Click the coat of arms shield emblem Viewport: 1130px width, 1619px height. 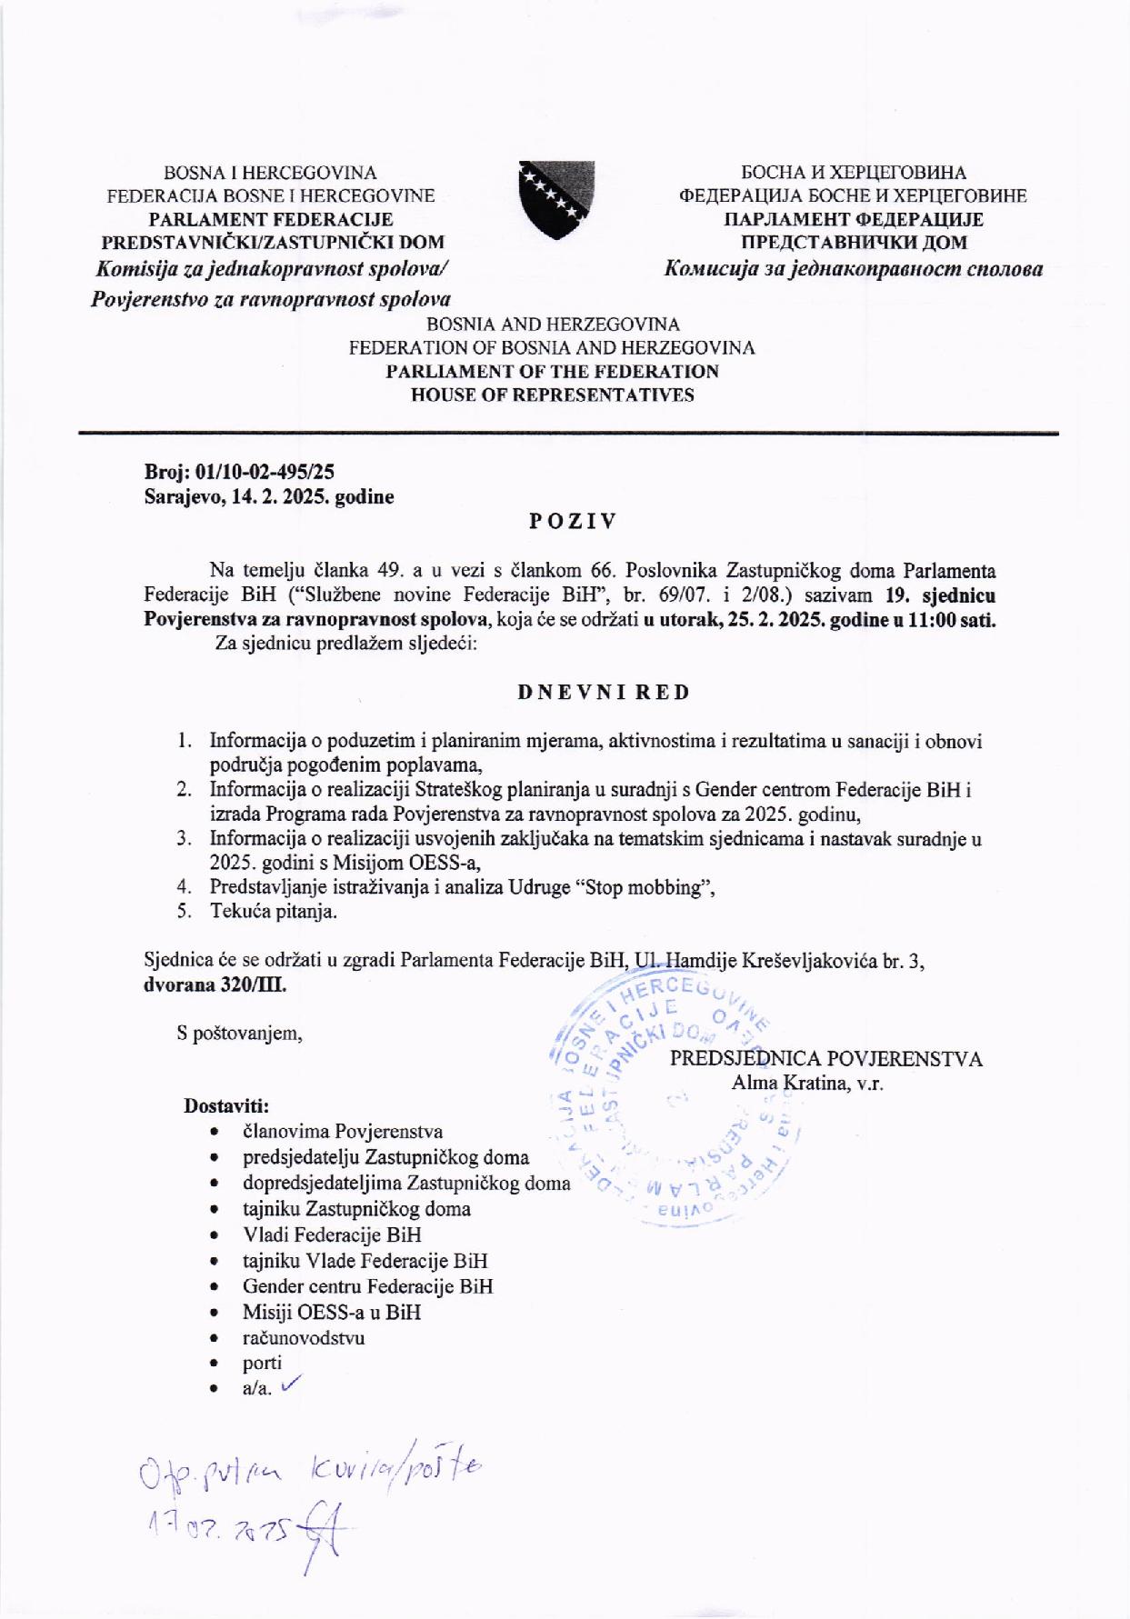coord(556,199)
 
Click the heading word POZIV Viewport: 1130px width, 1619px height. coord(573,521)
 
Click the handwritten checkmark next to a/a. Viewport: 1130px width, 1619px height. coord(292,1385)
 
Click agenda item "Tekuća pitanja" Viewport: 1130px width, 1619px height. coord(273,912)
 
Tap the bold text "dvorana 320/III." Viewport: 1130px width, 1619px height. coord(215,984)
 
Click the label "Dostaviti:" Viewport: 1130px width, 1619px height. coord(226,1105)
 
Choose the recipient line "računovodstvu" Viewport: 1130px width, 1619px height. coord(304,1337)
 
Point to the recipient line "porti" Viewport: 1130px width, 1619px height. coord(262,1363)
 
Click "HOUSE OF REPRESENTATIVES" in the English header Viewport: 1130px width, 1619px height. coord(552,395)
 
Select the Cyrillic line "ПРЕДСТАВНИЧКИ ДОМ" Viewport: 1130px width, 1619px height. coord(853,243)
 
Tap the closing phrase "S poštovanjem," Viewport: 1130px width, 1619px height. coord(240,1034)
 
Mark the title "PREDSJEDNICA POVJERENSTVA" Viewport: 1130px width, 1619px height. coord(826,1059)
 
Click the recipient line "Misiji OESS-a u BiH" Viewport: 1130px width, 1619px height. coord(332,1312)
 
